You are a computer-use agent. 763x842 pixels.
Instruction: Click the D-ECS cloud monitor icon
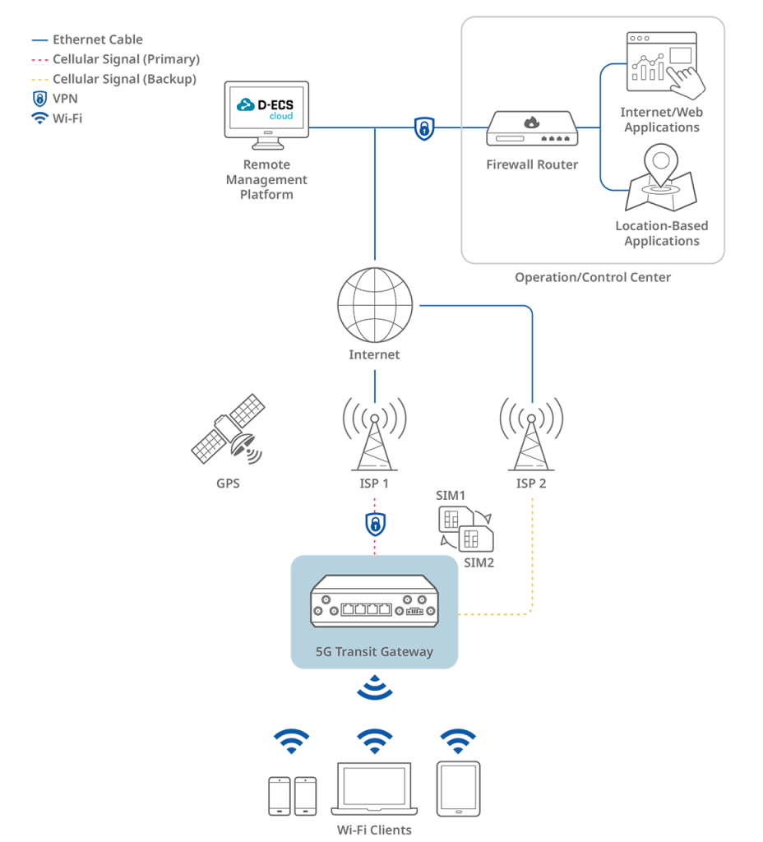click(266, 115)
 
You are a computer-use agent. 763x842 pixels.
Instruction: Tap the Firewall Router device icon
click(532, 128)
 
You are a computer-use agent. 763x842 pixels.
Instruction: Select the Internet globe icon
click(375, 305)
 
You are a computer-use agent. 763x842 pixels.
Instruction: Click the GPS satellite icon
click(229, 429)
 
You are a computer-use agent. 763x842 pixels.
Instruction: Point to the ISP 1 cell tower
click(374, 434)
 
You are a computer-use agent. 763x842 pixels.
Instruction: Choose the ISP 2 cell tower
click(532, 434)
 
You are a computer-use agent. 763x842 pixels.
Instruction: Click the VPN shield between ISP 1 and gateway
click(375, 524)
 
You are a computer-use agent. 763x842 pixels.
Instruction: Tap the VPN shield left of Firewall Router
click(424, 128)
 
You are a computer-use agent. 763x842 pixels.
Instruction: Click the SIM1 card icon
click(455, 520)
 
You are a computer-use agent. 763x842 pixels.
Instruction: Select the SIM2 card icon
click(476, 538)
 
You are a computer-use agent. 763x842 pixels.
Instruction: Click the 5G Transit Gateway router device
click(374, 601)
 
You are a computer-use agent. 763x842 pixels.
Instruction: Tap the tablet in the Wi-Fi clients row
click(458, 789)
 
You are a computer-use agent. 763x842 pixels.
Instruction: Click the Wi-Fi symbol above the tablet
click(458, 741)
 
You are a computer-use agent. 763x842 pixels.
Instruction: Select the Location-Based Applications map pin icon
click(661, 178)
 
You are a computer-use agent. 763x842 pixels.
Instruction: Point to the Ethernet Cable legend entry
click(87, 39)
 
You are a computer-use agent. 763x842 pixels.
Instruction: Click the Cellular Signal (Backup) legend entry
click(113, 80)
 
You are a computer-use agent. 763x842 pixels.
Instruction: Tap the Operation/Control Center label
click(593, 278)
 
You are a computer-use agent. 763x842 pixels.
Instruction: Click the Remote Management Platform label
click(266, 179)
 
